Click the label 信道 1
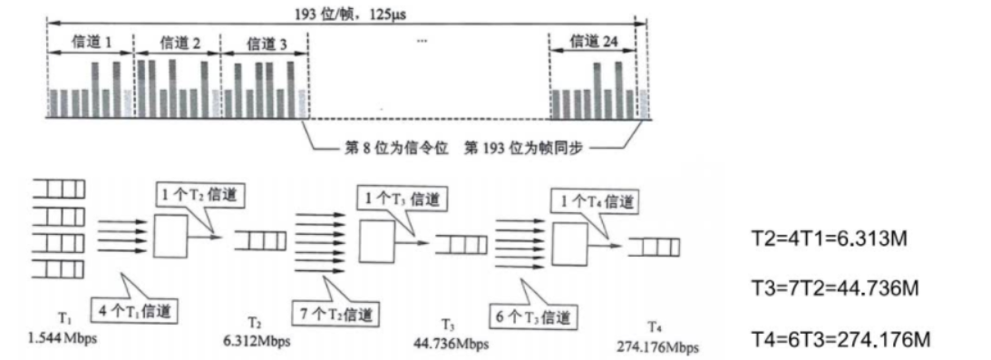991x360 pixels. coord(89,43)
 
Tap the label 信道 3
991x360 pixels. coord(264,43)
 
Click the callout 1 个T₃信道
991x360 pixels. coord(401,195)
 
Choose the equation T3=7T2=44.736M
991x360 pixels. coord(830,288)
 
